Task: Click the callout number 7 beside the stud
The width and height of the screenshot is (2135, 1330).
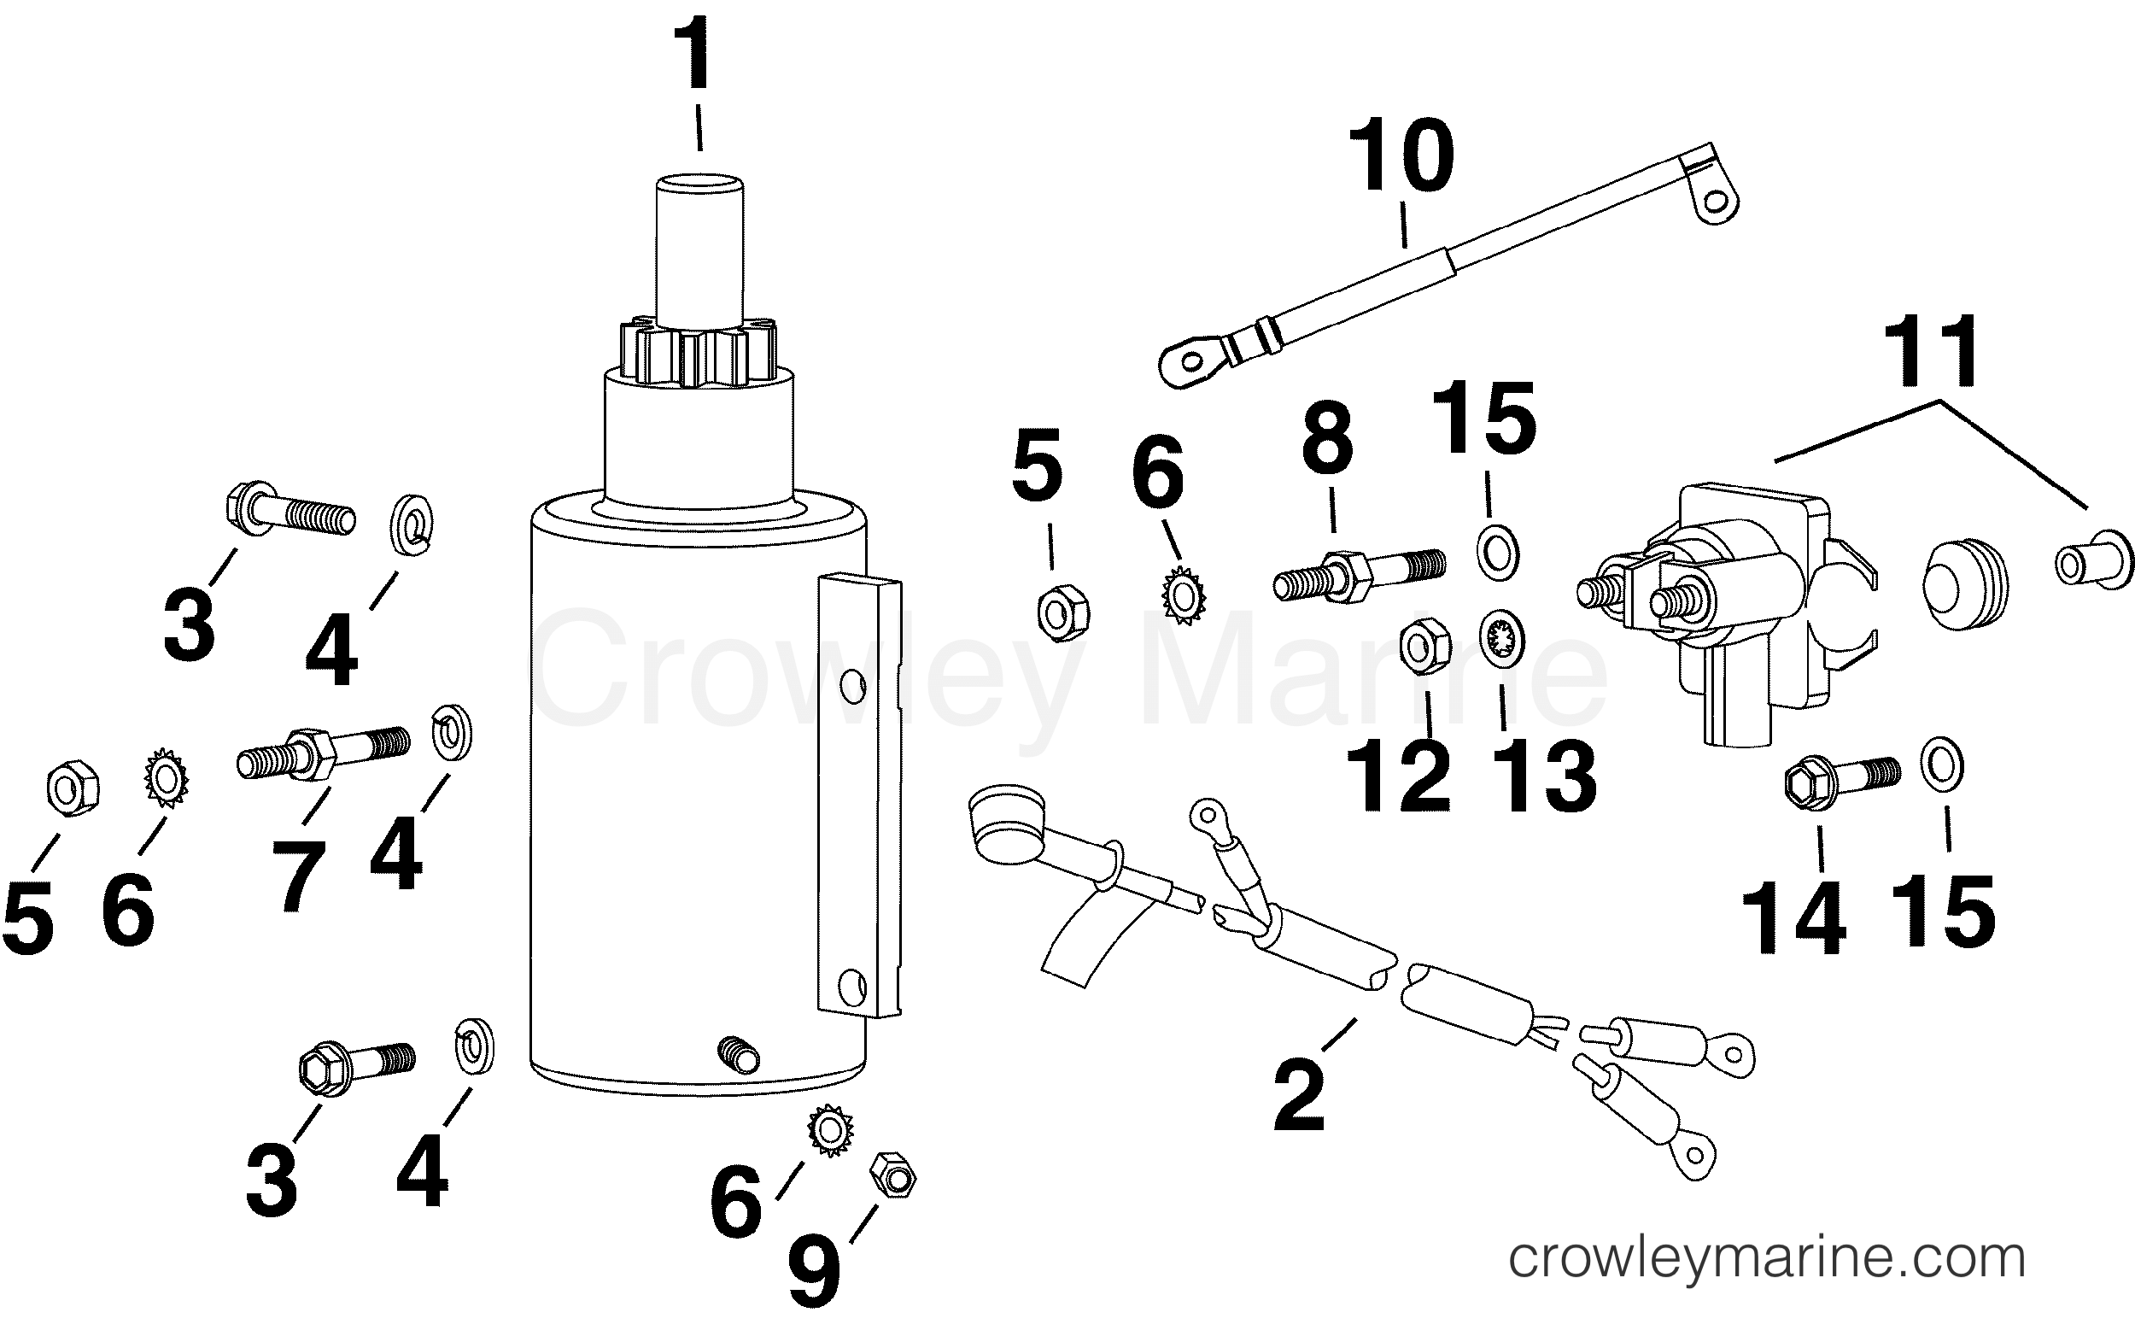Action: [298, 876]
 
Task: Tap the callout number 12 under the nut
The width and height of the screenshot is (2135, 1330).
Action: [1398, 776]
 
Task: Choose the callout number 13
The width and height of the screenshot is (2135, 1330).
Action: [1544, 776]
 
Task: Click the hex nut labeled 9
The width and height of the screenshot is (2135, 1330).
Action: [892, 1175]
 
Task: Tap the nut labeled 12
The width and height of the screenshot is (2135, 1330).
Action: [1424, 648]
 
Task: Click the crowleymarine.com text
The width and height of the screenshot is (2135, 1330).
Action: [1767, 1259]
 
